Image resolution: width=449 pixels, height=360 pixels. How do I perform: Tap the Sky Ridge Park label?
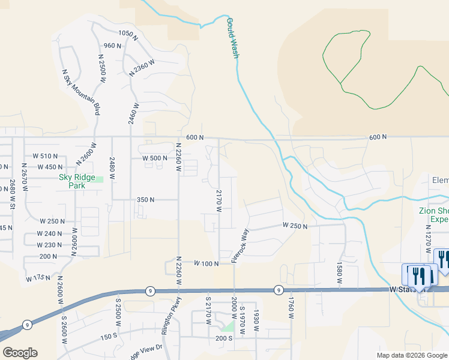click(80, 181)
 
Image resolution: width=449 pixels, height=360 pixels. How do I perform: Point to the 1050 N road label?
click(128, 34)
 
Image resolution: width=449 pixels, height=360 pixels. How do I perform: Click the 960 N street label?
click(112, 46)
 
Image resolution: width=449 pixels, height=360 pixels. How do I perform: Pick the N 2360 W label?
click(142, 67)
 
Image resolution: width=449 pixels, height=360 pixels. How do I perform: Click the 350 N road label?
click(146, 200)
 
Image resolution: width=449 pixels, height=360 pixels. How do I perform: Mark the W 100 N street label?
click(206, 263)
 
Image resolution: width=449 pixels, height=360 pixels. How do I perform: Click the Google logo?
click(20, 353)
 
